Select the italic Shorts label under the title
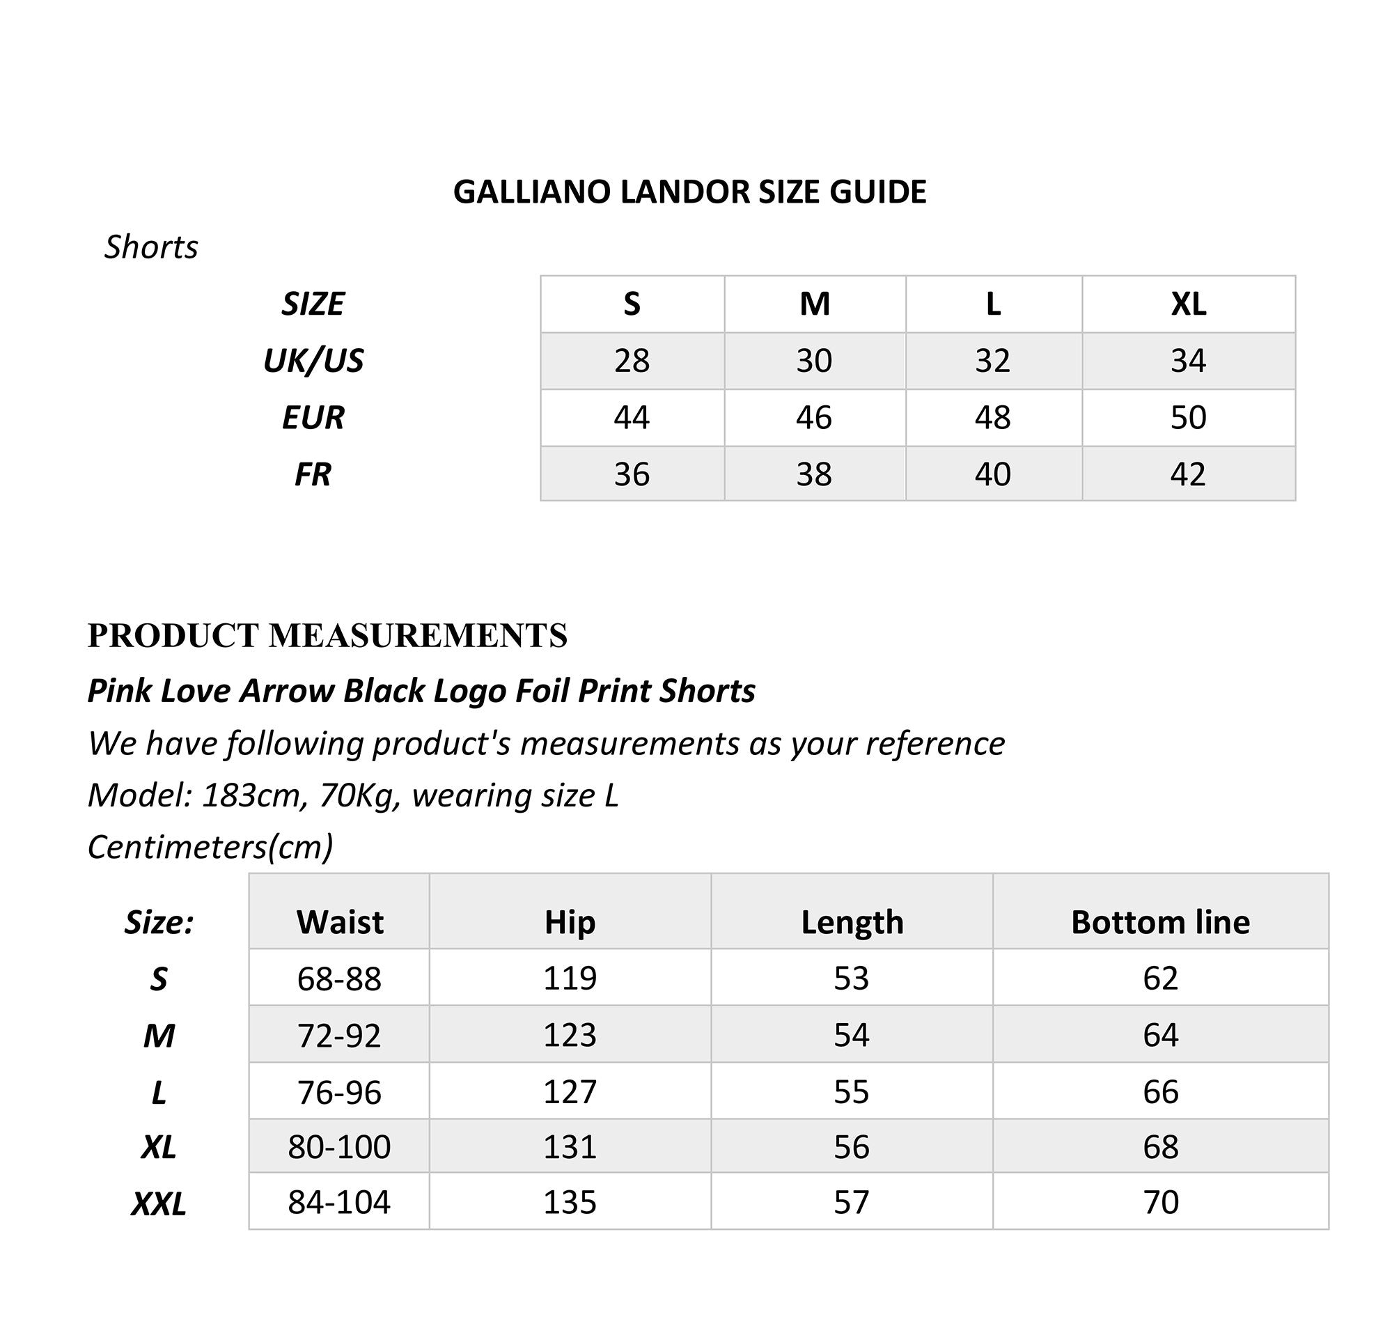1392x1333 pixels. pos(151,247)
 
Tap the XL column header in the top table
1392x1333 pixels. pos(1188,304)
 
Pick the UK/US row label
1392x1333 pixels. pos(313,361)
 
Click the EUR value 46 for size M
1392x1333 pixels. pos(814,418)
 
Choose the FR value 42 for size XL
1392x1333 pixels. pos(1188,474)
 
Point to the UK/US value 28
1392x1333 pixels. pos(632,361)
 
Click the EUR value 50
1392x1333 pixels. pos(1188,418)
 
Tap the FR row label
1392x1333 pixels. pos(313,474)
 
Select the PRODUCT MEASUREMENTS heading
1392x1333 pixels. pos(327,636)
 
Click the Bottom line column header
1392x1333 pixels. pos(1161,923)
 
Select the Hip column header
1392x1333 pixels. pos(570,923)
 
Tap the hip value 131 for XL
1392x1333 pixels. pos(570,1147)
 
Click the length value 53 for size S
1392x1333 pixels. pos(852,979)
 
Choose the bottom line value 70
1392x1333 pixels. pos(1161,1202)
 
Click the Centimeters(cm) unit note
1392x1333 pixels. pos(210,846)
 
